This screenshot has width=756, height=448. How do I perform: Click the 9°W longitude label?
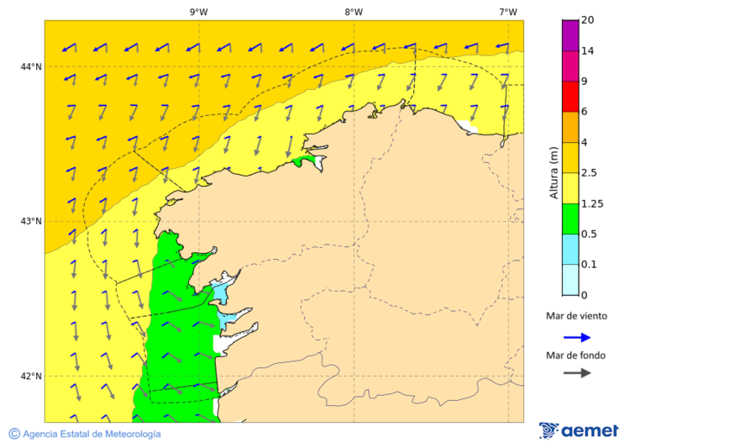pyautogui.click(x=198, y=12)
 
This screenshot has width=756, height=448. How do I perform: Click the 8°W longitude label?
pyautogui.click(x=353, y=12)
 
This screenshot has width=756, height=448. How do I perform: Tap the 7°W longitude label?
pyautogui.click(x=507, y=12)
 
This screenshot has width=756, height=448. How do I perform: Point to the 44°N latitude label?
pyautogui.click(x=31, y=66)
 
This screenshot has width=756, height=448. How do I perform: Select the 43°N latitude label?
pyautogui.click(x=31, y=221)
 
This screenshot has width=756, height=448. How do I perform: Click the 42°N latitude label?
pyautogui.click(x=31, y=376)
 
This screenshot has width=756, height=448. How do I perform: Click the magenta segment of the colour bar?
pyautogui.click(x=570, y=35)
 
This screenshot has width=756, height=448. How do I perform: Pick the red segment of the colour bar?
pyautogui.click(x=570, y=97)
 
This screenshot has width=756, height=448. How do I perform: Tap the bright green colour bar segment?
pyautogui.click(x=570, y=219)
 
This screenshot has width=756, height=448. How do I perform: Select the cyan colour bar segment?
pyautogui.click(x=570, y=249)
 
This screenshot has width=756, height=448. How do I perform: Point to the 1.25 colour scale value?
pyautogui.click(x=593, y=203)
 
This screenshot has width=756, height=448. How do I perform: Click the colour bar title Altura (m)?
pyautogui.click(x=554, y=172)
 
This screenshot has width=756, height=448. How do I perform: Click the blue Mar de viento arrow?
pyautogui.click(x=577, y=337)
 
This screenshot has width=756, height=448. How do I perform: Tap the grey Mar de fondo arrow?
pyautogui.click(x=577, y=372)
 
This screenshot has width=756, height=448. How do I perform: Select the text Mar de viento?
pyautogui.click(x=576, y=316)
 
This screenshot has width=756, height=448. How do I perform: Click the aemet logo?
pyautogui.click(x=579, y=430)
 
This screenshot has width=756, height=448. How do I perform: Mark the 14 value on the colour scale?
pyautogui.click(x=588, y=51)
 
